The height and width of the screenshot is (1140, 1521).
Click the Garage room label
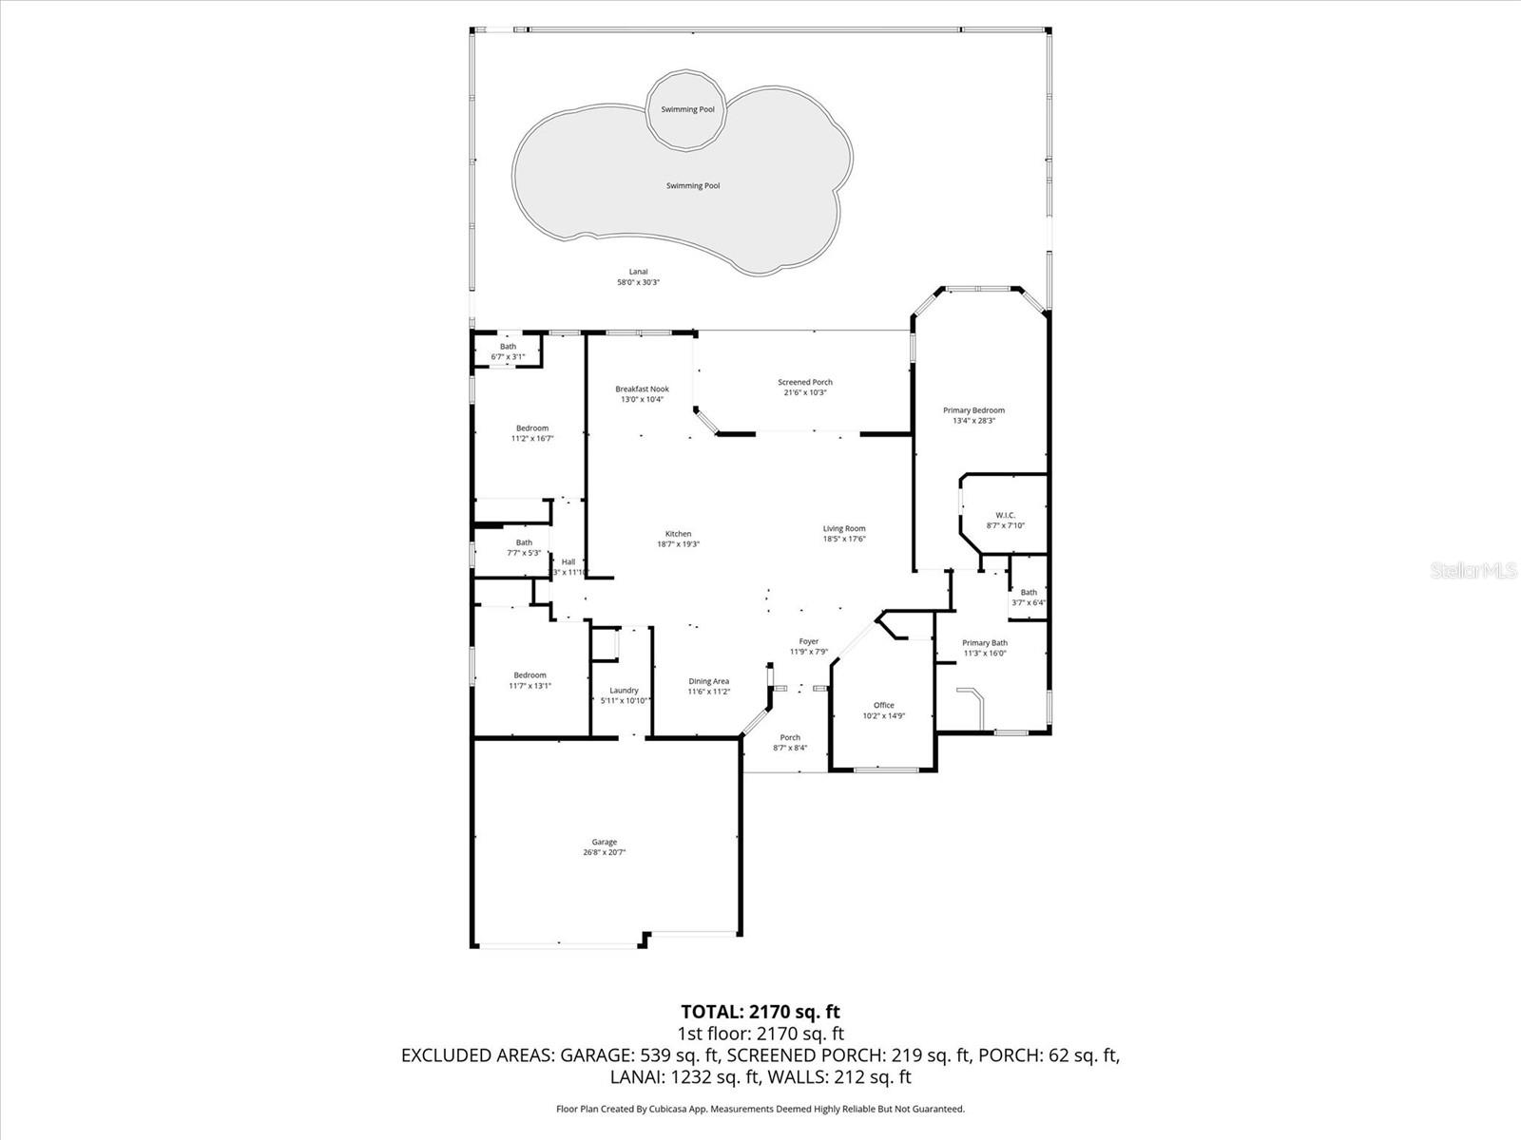(605, 842)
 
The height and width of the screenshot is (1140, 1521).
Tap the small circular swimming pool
(687, 109)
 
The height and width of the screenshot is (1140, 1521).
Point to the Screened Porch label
(805, 382)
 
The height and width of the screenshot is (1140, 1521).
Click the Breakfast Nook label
(642, 389)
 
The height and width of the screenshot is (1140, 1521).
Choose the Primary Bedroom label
(973, 410)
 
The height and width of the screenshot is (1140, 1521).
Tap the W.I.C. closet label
(1005, 515)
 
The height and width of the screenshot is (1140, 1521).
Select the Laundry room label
(624, 691)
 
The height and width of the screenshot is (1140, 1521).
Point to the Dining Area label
(708, 681)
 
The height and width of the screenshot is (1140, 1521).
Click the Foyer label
(808, 641)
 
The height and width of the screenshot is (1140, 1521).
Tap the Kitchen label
(678, 534)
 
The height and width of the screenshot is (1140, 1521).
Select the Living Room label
(844, 528)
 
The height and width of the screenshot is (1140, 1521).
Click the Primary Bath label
(984, 643)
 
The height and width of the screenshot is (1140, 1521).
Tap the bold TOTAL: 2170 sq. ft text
(760, 1012)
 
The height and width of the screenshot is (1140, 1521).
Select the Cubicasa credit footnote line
(760, 1109)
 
